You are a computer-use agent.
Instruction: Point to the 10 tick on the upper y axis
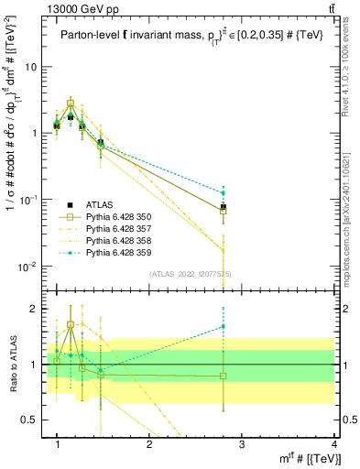tap(31, 67)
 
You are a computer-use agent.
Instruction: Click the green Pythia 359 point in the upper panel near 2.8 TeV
tap(224, 192)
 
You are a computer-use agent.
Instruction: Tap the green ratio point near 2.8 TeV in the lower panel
tap(224, 326)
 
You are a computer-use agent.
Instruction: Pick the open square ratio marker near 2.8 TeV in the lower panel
tap(224, 376)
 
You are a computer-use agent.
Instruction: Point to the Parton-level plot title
tap(182, 36)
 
